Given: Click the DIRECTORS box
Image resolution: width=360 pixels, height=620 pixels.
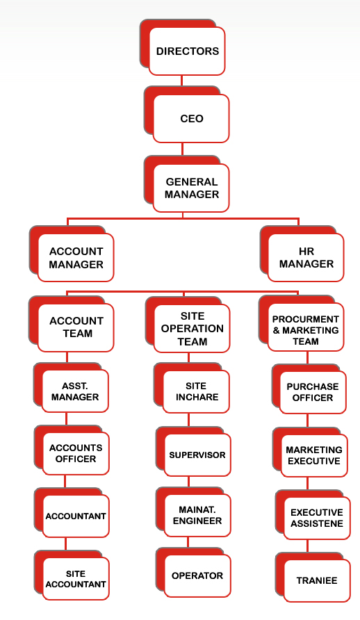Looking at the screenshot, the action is (187, 51).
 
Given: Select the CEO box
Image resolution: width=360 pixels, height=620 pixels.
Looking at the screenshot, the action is (191, 118).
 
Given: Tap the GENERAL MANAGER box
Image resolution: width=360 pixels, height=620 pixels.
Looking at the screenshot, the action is (191, 188).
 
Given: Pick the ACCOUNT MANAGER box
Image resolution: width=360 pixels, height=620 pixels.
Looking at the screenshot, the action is (76, 258).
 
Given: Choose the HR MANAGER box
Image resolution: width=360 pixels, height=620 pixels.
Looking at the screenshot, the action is (306, 258).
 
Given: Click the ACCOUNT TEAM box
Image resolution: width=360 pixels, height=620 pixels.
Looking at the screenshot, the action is (76, 327).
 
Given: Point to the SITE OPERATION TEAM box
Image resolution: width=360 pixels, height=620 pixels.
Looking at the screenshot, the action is (192, 329).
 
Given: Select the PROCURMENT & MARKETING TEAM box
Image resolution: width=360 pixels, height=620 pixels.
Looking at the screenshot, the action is (306, 327).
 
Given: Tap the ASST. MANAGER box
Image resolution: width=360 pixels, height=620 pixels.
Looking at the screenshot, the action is (75, 391).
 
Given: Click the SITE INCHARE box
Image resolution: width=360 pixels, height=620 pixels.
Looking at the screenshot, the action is (197, 392).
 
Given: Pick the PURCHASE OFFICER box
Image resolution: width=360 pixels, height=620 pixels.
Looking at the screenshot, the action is (313, 392).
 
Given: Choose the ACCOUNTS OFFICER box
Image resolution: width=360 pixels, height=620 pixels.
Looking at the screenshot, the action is (76, 454).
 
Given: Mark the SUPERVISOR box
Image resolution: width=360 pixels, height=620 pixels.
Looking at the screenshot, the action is (197, 455).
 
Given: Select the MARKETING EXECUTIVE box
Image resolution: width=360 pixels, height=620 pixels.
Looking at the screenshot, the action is (314, 455).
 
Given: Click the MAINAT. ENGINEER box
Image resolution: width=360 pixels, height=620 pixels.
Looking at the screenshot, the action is (197, 516).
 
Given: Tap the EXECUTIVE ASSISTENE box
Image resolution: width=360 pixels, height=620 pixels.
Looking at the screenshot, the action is (317, 518).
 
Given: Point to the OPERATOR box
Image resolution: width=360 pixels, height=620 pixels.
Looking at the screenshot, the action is (197, 576).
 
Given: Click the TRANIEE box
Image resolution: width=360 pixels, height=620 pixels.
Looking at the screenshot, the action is (317, 581).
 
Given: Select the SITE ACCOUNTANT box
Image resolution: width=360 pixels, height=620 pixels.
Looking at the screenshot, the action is (76, 579).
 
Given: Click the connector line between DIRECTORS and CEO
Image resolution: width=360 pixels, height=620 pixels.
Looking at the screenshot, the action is (182, 81).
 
